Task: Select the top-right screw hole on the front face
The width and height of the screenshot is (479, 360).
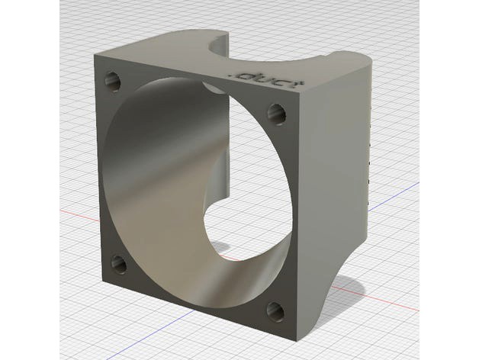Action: [x=275, y=114]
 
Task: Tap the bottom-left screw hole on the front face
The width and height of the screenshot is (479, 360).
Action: [x=119, y=264]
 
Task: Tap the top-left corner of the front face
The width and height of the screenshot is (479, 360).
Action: [x=95, y=56]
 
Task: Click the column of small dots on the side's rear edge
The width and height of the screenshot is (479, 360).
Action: [x=370, y=153]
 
